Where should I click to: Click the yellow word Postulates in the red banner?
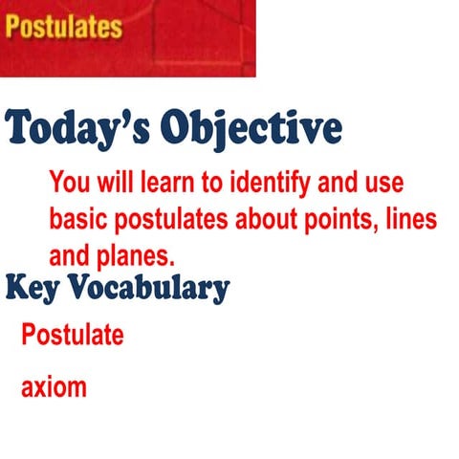[x=64, y=26]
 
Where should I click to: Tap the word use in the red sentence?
[x=380, y=182]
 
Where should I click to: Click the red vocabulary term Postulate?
[x=73, y=336]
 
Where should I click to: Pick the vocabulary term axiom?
[x=54, y=388]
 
